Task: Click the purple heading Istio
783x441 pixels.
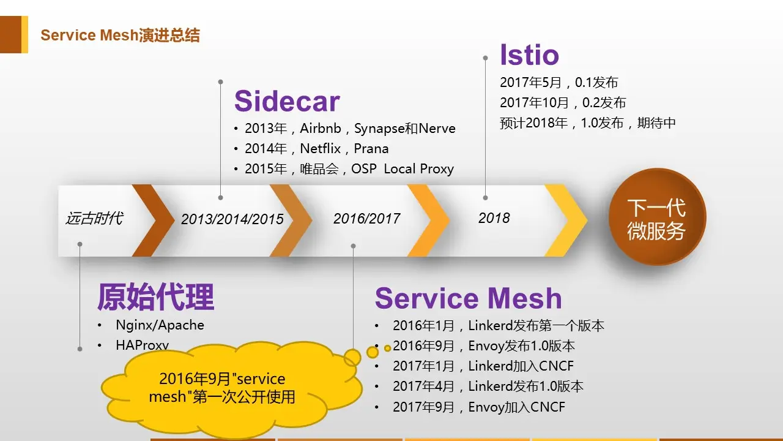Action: click(x=529, y=55)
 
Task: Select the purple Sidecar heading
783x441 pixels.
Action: click(x=287, y=101)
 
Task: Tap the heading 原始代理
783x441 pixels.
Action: click(x=155, y=298)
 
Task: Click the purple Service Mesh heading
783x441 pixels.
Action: click(x=468, y=299)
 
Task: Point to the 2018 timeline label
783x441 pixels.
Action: click(x=494, y=218)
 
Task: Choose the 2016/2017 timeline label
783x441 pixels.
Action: click(x=366, y=219)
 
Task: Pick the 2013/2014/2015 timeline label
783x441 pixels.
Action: click(x=232, y=219)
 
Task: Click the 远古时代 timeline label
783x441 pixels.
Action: click(x=94, y=218)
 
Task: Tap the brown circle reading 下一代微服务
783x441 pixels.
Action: click(x=656, y=219)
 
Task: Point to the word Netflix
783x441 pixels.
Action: click(x=320, y=149)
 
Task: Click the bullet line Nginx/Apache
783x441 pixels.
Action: click(x=160, y=325)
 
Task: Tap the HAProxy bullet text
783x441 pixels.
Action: click(x=142, y=345)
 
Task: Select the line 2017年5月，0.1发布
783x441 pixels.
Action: click(x=558, y=83)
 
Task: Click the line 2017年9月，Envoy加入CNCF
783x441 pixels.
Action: click(x=478, y=407)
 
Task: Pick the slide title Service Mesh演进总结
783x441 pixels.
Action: click(x=120, y=35)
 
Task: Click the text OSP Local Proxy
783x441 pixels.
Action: click(x=402, y=169)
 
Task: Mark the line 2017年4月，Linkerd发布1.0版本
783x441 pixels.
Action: click(x=488, y=386)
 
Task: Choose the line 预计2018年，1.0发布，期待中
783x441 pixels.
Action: click(x=587, y=123)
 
